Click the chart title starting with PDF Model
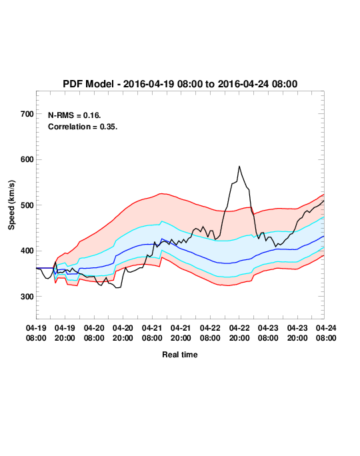click(180, 84)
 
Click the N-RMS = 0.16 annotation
click(75, 115)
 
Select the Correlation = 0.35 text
click(83, 127)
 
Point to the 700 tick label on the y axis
click(27, 114)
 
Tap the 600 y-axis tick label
click(27, 159)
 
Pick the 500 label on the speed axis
click(27, 205)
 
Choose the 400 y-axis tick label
click(27, 251)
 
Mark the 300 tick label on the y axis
click(27, 297)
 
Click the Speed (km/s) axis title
click(11, 205)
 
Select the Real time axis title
click(180, 355)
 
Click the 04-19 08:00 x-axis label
click(36, 333)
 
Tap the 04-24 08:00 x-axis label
click(326, 333)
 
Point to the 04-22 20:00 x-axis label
click(239, 333)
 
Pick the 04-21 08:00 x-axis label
click(152, 333)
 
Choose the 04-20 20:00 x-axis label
click(123, 333)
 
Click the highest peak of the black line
click(239, 167)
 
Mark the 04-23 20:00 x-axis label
click(297, 333)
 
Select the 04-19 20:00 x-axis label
click(65, 333)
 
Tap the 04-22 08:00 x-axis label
click(210, 333)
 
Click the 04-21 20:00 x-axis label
click(181, 333)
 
